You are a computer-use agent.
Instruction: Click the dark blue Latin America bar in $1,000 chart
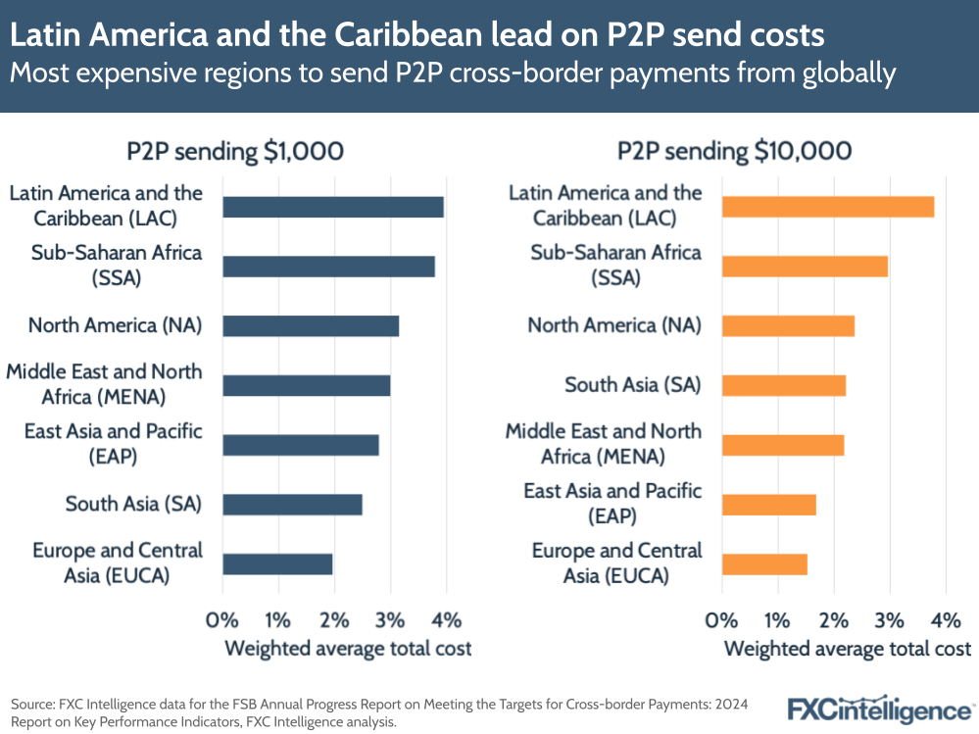coord(333,207)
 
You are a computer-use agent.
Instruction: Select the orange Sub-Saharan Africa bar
coord(805,266)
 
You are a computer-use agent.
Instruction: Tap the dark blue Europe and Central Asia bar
coord(277,563)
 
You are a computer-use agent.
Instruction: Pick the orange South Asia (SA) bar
coord(783,385)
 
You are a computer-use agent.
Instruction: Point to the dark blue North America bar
coord(311,326)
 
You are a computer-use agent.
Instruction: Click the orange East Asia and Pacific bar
coord(768,505)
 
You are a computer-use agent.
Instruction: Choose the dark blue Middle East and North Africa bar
coord(307,385)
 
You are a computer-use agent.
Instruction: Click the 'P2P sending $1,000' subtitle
coord(235,151)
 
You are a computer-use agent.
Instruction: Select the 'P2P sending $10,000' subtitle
coord(734,151)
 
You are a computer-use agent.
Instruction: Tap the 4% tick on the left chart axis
coord(446,619)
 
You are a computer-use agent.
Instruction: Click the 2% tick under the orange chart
coord(833,619)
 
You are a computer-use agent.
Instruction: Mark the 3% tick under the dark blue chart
coord(390,619)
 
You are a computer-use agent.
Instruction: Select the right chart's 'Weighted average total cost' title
coord(847,649)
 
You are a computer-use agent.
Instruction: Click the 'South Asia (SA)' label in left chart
coord(133,505)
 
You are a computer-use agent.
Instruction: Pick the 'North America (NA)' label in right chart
coord(614,325)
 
